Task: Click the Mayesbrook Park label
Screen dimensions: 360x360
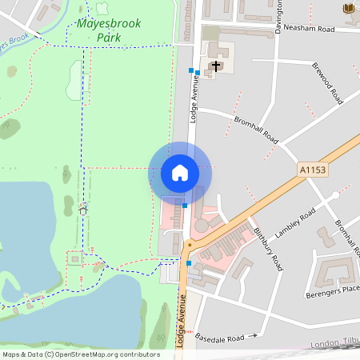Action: click(x=109, y=30)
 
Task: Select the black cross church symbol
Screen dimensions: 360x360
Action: click(x=215, y=66)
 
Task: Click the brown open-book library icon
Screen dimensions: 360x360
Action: click(x=348, y=8)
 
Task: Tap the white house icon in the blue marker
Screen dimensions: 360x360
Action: click(x=179, y=172)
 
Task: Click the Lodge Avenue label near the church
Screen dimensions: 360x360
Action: click(x=193, y=101)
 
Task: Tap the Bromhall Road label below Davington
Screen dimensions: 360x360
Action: click(x=256, y=128)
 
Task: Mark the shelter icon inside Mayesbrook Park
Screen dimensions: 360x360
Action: click(x=83, y=210)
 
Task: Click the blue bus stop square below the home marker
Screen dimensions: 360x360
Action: click(x=185, y=206)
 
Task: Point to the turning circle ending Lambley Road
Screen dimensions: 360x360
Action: click(x=335, y=195)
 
